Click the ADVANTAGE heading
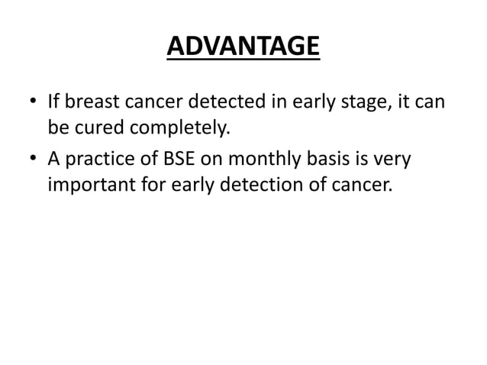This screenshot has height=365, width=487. click(x=243, y=47)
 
